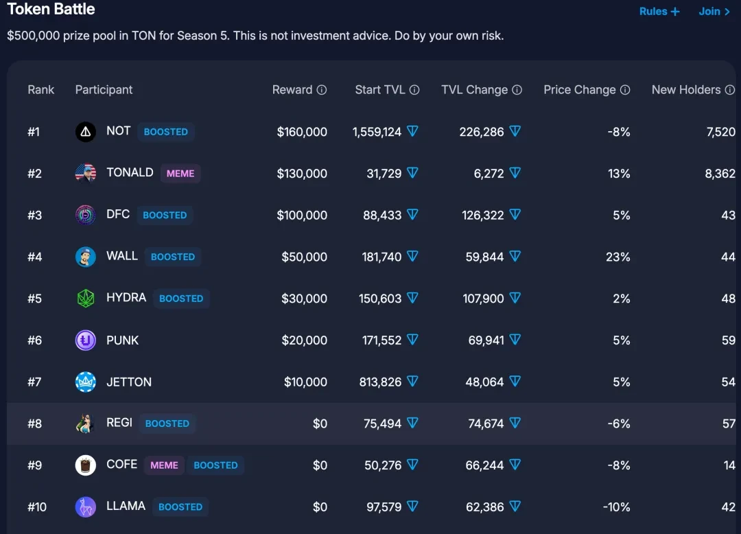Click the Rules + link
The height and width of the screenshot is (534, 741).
pyautogui.click(x=659, y=12)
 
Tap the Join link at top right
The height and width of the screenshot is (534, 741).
pyautogui.click(x=714, y=12)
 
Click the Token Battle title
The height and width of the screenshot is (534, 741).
pyautogui.click(x=51, y=10)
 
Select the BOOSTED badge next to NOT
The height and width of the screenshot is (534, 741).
pyautogui.click(x=165, y=132)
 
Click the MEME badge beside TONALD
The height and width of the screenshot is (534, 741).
pyautogui.click(x=180, y=174)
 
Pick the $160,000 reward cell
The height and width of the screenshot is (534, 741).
pyautogui.click(x=302, y=132)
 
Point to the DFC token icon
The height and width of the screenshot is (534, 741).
pyautogui.click(x=86, y=215)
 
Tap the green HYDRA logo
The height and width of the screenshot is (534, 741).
pyautogui.click(x=86, y=299)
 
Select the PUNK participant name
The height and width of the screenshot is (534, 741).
pyautogui.click(x=123, y=340)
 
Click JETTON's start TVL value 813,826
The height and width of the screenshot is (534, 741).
pyautogui.click(x=380, y=382)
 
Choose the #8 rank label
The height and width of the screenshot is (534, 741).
pyautogui.click(x=35, y=423)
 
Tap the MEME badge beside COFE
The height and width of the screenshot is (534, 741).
pyautogui.click(x=164, y=465)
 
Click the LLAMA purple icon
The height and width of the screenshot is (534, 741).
pyautogui.click(x=86, y=507)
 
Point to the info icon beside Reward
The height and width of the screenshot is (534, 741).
pyautogui.click(x=322, y=90)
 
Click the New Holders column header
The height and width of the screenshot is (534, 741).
pyautogui.click(x=686, y=90)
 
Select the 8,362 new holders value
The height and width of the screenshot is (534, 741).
pyautogui.click(x=720, y=174)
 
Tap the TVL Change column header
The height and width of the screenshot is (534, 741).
pyautogui.click(x=474, y=90)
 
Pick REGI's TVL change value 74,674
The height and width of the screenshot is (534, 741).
pyautogui.click(x=486, y=423)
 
